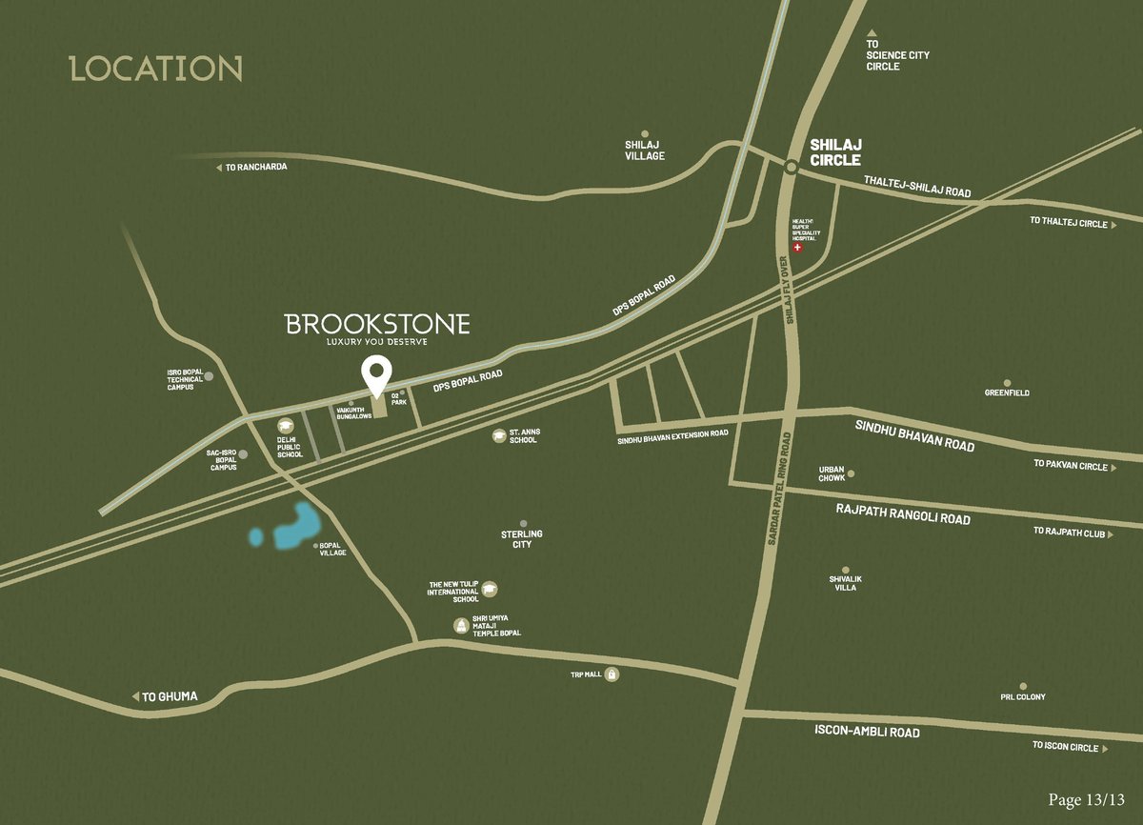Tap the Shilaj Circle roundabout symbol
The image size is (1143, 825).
coord(790,168)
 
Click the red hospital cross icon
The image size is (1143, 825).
coord(798,248)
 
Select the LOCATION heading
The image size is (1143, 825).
coord(156,70)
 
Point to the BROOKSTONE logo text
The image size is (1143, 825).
coord(378,324)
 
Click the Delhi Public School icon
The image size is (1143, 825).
coord(284,427)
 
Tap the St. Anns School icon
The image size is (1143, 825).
coord(498,435)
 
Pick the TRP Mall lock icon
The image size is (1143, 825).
coord(612,674)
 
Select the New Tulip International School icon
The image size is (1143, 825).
coord(489,590)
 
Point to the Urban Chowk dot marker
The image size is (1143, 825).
coord(851,473)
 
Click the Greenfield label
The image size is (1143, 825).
coord(1007,392)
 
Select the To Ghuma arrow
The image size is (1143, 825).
coord(136,697)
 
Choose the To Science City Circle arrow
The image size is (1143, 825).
coord(871,34)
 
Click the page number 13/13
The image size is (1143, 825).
coord(1087,799)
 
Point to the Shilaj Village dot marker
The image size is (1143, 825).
coord(645,134)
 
